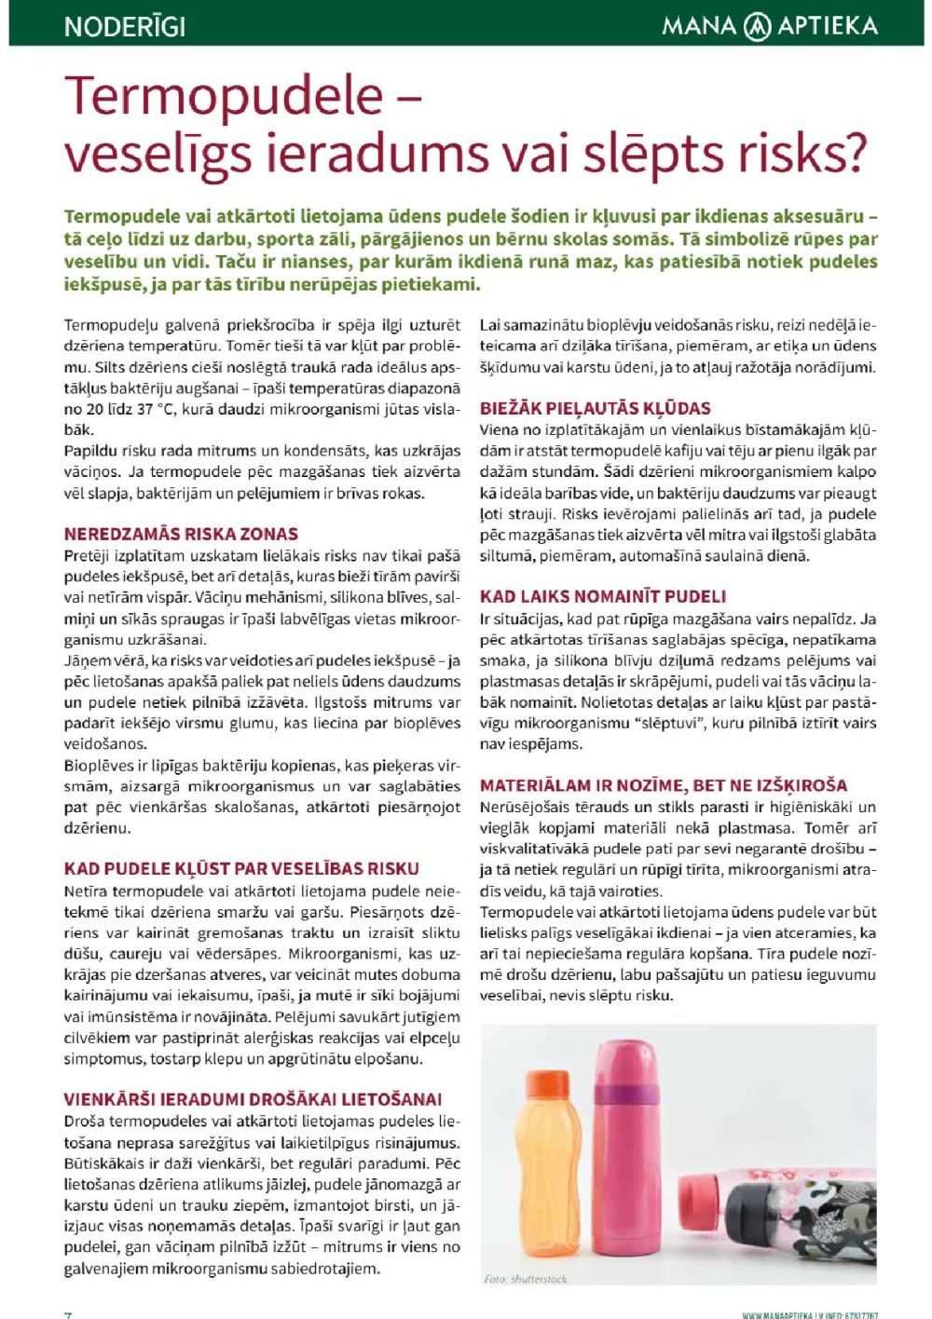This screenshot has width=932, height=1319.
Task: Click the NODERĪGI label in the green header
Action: [124, 26]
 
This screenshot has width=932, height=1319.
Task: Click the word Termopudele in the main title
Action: [224, 96]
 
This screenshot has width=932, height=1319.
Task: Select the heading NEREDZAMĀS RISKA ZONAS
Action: [181, 534]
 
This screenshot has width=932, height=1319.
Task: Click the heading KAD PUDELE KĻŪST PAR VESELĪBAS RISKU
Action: [241, 868]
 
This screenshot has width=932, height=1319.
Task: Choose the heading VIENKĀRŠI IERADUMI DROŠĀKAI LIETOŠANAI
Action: [253, 1099]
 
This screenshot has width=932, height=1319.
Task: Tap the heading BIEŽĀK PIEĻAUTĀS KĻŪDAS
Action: [595, 408]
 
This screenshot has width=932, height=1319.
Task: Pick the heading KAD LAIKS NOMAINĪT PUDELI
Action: [603, 596]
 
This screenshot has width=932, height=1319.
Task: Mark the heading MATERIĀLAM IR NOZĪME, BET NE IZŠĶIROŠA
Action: [664, 785]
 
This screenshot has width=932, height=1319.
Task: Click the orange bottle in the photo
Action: [543, 1174]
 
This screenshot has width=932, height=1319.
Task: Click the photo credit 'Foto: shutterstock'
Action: [526, 1278]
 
